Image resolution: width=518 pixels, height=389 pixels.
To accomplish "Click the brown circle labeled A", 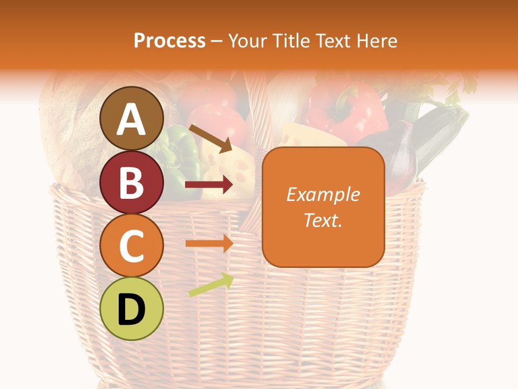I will [131, 119].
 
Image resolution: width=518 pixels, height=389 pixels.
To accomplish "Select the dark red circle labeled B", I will [131, 182].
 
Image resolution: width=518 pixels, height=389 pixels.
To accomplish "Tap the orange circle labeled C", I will [131, 246].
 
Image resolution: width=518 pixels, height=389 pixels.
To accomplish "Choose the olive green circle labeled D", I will [131, 308].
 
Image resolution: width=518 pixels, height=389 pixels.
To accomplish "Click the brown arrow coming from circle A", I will [210, 137].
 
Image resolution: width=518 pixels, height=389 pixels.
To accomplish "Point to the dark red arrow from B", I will [209, 185].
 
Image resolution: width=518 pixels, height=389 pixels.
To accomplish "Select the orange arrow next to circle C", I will [209, 243].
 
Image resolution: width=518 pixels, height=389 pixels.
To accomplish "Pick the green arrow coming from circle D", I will [211, 285].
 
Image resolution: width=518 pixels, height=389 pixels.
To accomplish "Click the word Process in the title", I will [169, 41].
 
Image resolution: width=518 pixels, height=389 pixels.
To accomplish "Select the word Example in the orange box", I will [323, 194].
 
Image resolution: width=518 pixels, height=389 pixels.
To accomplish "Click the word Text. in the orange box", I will [323, 220].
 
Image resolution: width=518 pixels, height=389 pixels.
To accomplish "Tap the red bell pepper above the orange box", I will [345, 108].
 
